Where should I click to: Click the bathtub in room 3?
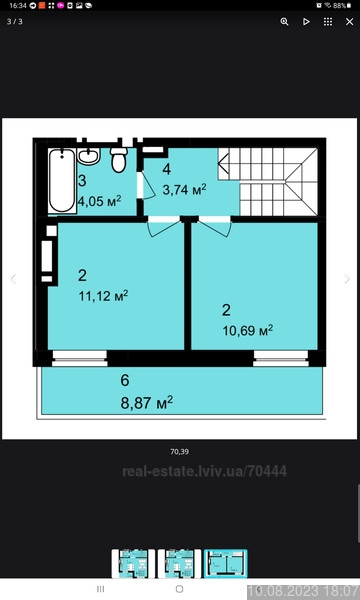click(x=62, y=178)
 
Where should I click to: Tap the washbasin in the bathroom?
click(x=88, y=155)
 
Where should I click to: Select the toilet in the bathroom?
click(x=118, y=158)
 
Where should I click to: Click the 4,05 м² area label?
click(x=99, y=200)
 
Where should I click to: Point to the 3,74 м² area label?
click(x=185, y=188)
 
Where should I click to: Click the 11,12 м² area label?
click(x=103, y=295)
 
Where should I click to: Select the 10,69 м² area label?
click(x=248, y=329)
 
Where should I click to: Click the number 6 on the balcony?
click(x=124, y=380)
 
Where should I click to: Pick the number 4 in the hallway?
click(x=166, y=168)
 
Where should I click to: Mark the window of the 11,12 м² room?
click(x=80, y=355)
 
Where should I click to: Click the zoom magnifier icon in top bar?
click(x=284, y=21)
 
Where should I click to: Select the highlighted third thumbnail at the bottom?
click(x=225, y=563)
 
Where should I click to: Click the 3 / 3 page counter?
click(x=15, y=21)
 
